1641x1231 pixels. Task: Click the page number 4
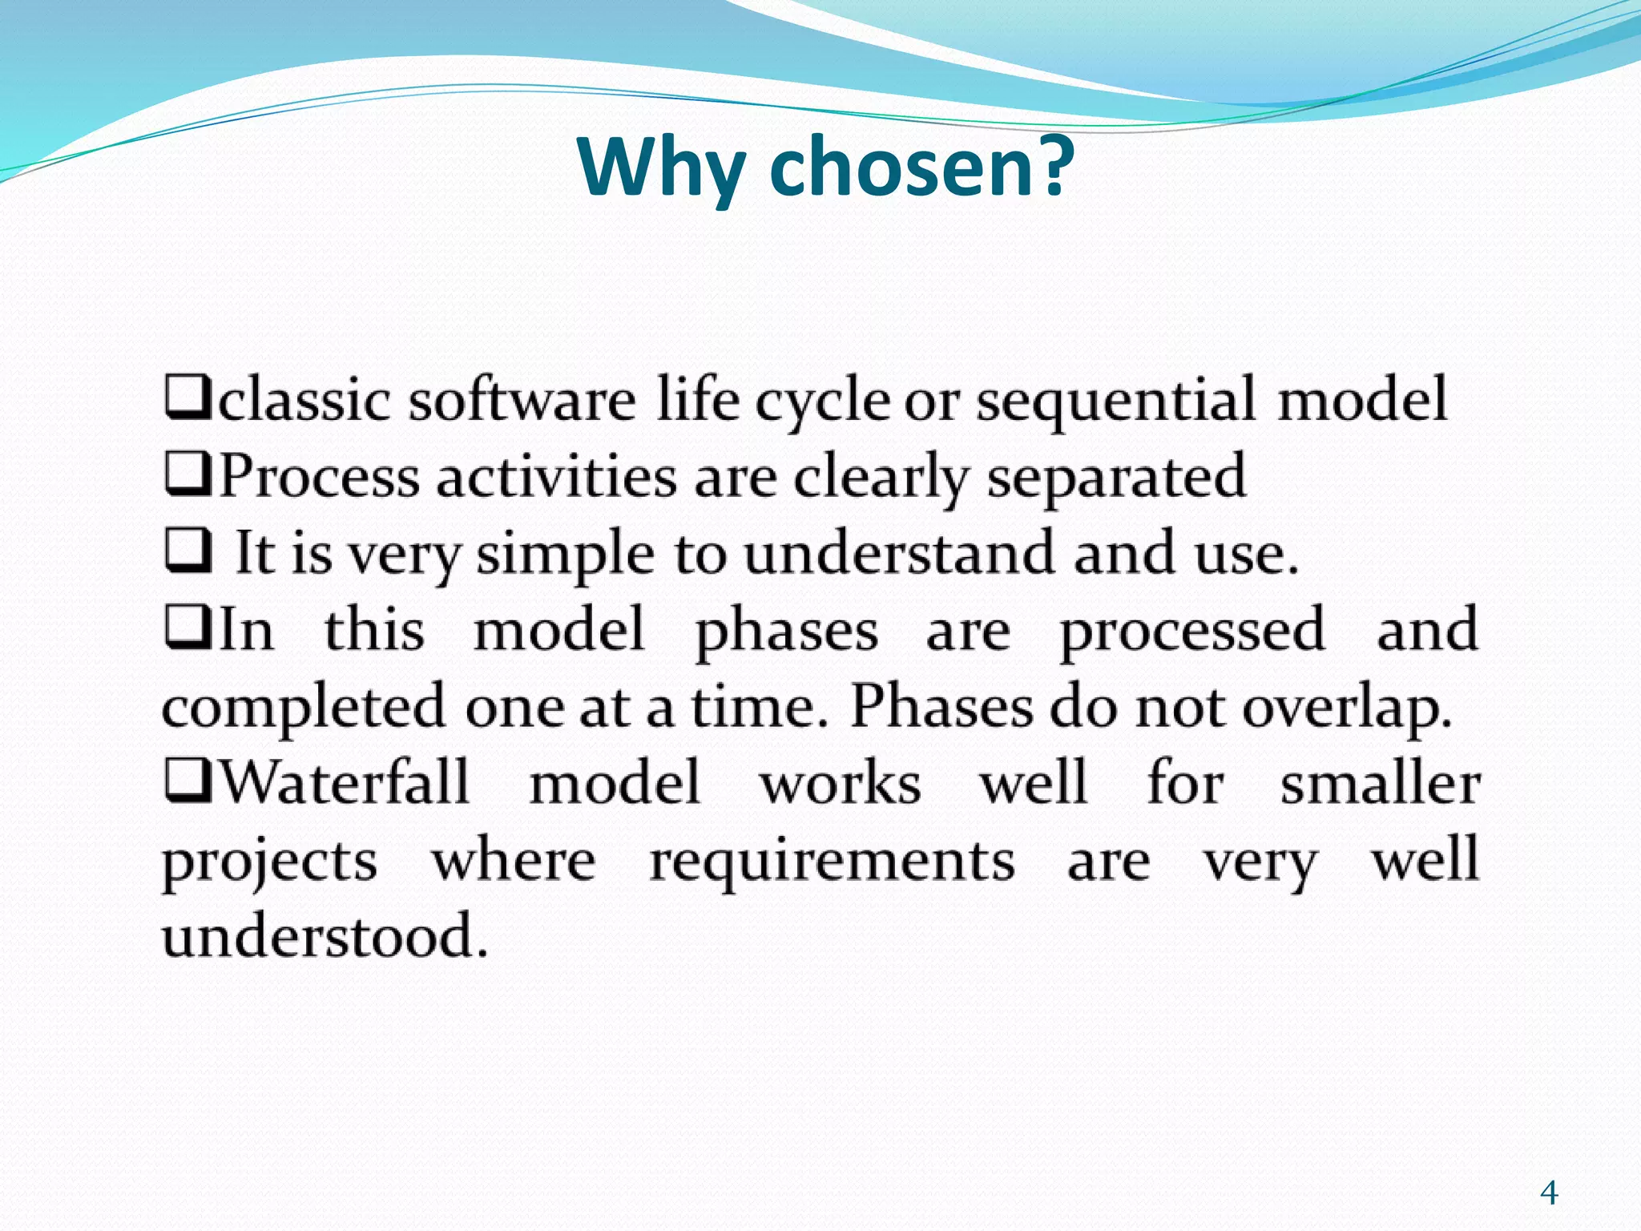click(x=1549, y=1193)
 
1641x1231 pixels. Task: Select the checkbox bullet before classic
click(x=188, y=398)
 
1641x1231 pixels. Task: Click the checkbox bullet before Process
click(x=188, y=474)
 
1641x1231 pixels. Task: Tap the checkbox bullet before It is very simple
click(x=188, y=552)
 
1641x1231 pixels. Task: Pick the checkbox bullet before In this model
click(x=188, y=628)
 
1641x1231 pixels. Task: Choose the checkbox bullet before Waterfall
click(x=188, y=782)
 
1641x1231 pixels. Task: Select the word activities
click(x=556, y=476)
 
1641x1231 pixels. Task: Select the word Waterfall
click(x=344, y=782)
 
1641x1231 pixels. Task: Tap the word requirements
click(x=832, y=862)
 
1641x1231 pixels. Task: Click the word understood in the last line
click(x=325, y=936)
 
